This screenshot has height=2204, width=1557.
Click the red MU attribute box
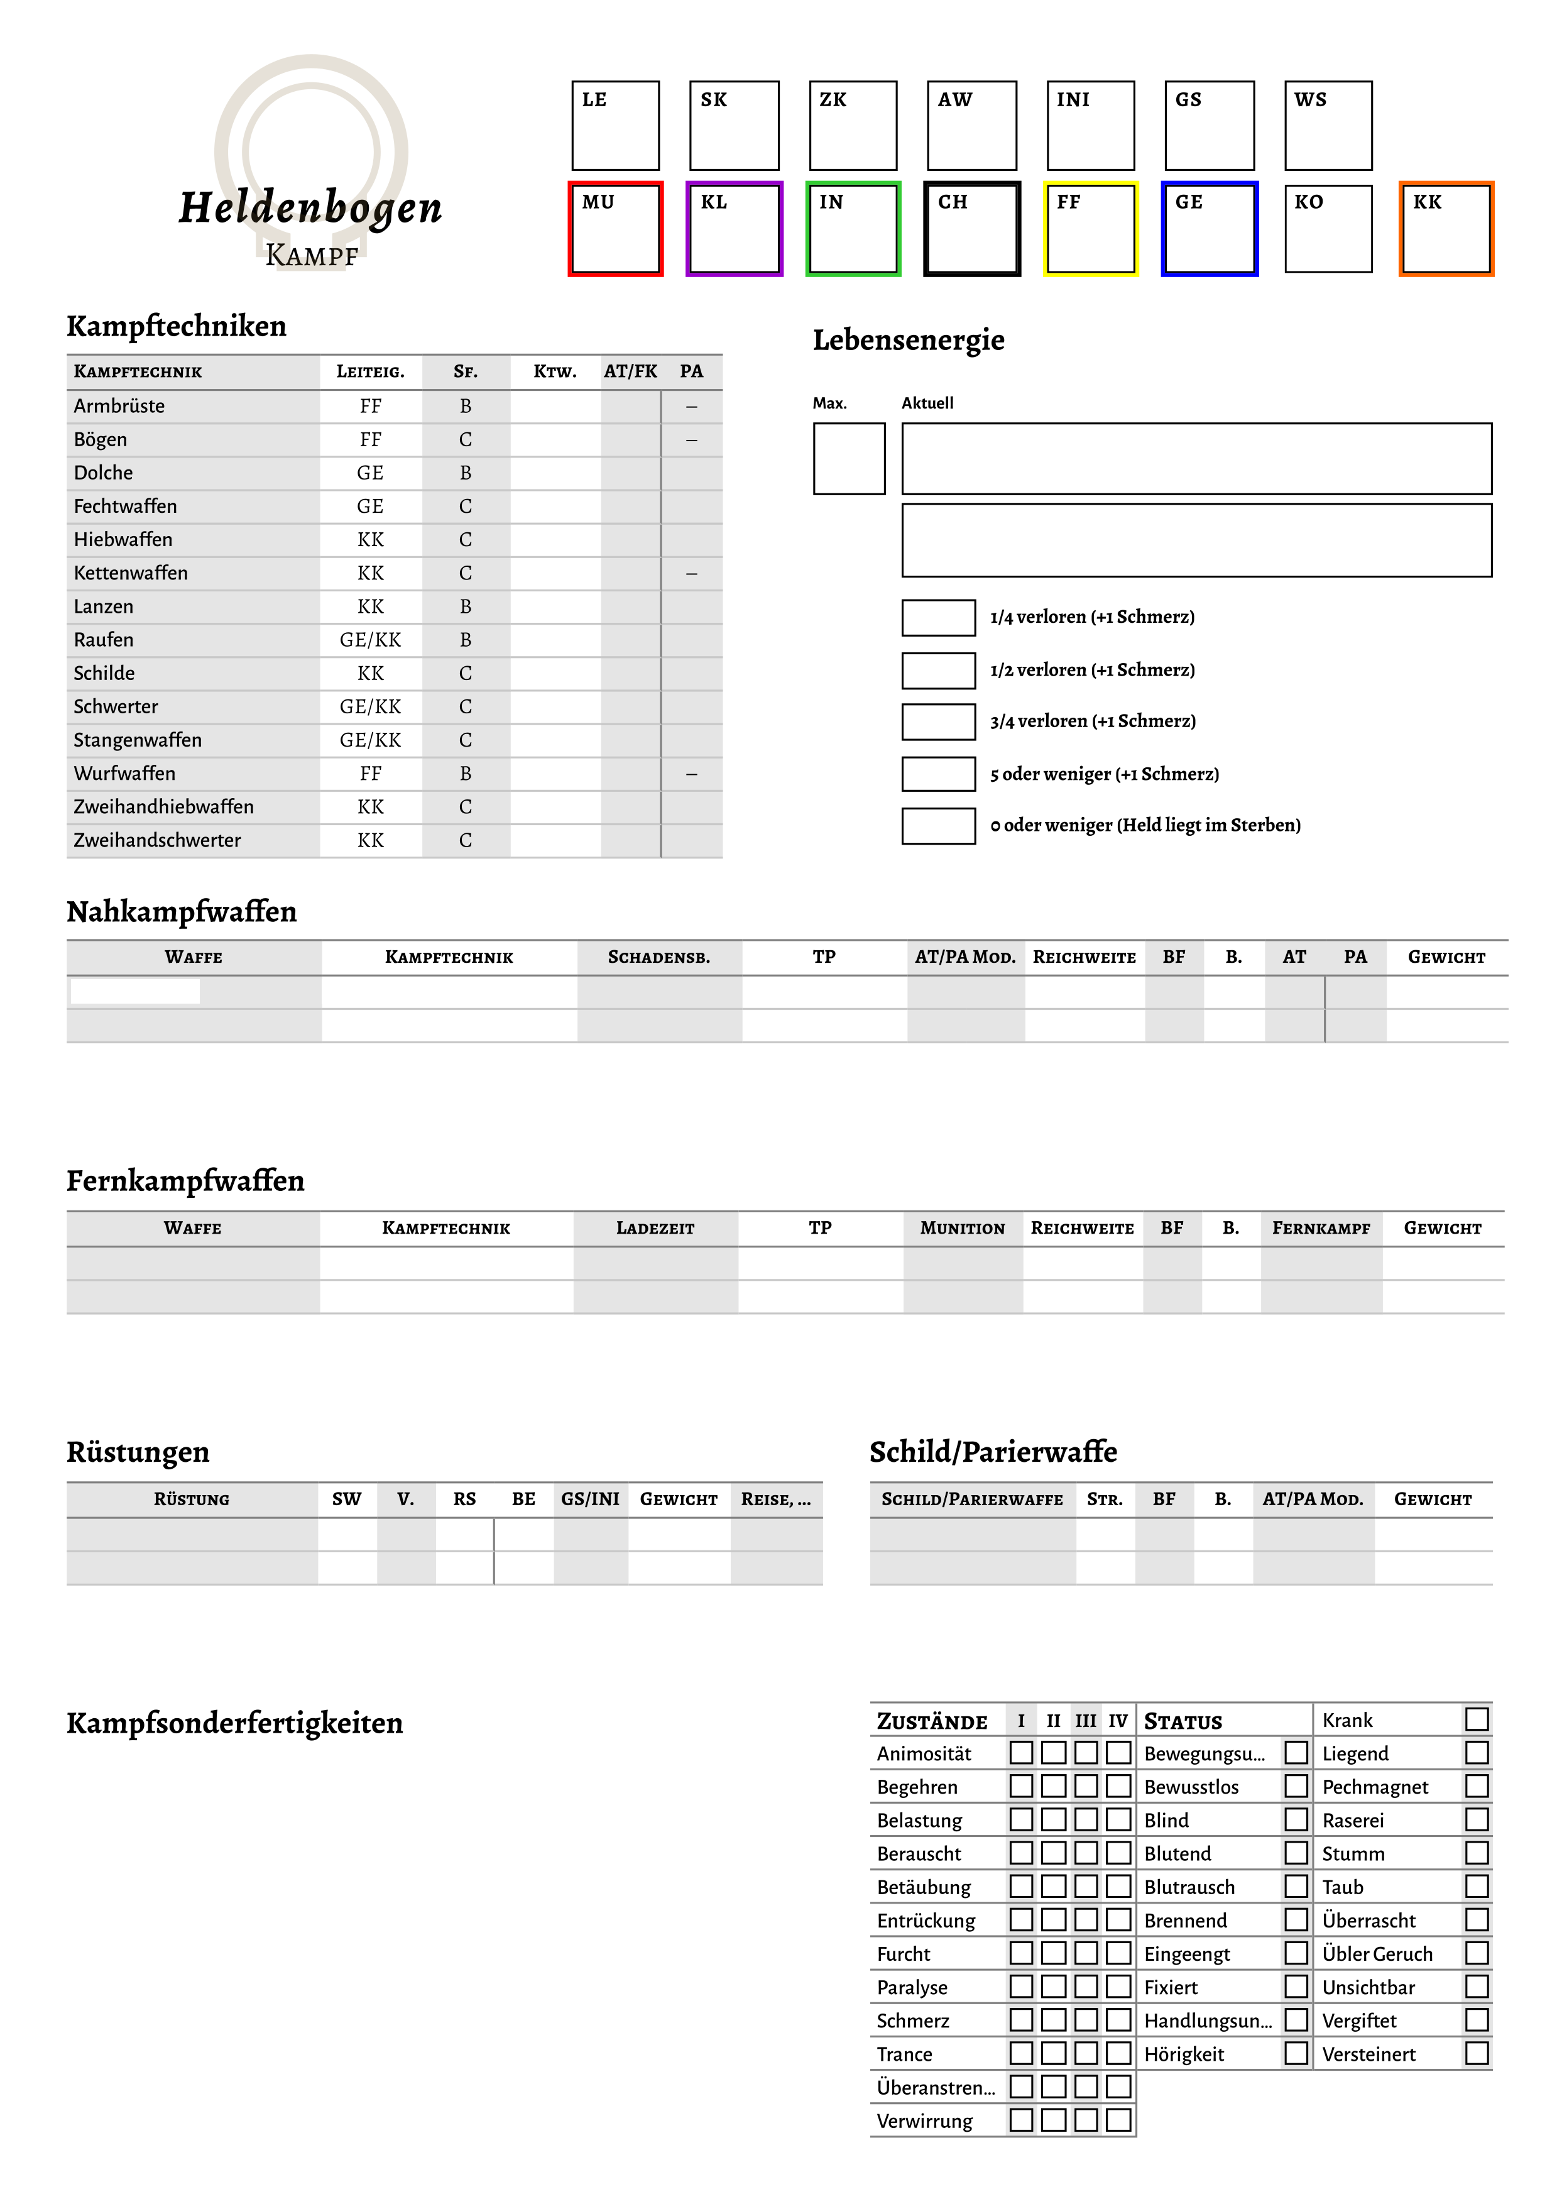(615, 229)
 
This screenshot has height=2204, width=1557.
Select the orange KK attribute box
(1446, 229)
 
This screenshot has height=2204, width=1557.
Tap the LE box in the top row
(615, 126)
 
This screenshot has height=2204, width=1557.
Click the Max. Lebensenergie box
(849, 459)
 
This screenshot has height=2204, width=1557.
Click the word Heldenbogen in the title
(310, 208)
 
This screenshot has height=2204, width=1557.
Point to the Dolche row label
(104, 473)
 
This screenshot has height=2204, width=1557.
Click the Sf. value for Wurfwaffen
(466, 774)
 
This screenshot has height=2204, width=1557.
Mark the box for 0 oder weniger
(938, 826)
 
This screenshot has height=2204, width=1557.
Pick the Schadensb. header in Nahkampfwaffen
(658, 957)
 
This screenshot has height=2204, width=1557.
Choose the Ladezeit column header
(655, 1229)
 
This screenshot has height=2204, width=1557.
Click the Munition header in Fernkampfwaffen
(962, 1229)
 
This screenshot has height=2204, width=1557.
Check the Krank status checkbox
(1477, 1720)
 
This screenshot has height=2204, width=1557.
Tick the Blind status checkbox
(1296, 1820)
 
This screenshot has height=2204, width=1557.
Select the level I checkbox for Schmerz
(1022, 2020)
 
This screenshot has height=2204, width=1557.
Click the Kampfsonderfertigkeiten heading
(234, 1724)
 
